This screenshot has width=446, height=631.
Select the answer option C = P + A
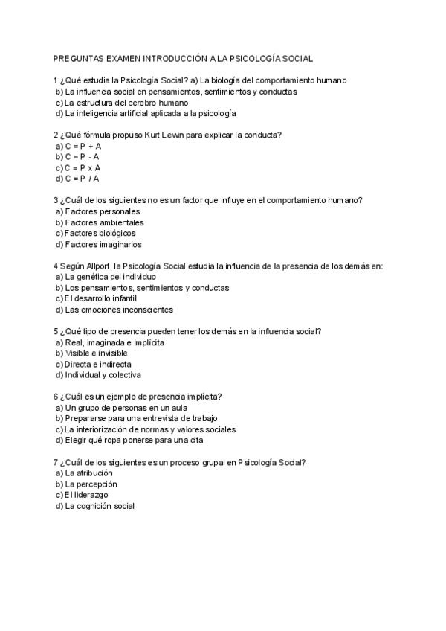click(83, 146)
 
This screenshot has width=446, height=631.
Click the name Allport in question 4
click(94, 266)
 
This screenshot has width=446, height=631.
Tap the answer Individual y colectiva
click(103, 375)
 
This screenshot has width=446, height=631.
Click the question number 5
click(56, 331)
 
